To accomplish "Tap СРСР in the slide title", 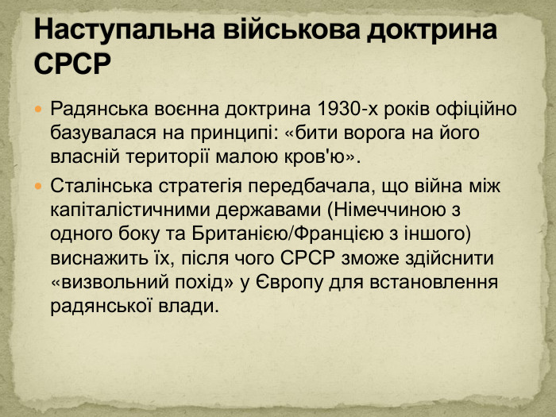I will point(71,63).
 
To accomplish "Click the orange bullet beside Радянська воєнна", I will point(41,107).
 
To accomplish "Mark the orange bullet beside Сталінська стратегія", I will point(41,185).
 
